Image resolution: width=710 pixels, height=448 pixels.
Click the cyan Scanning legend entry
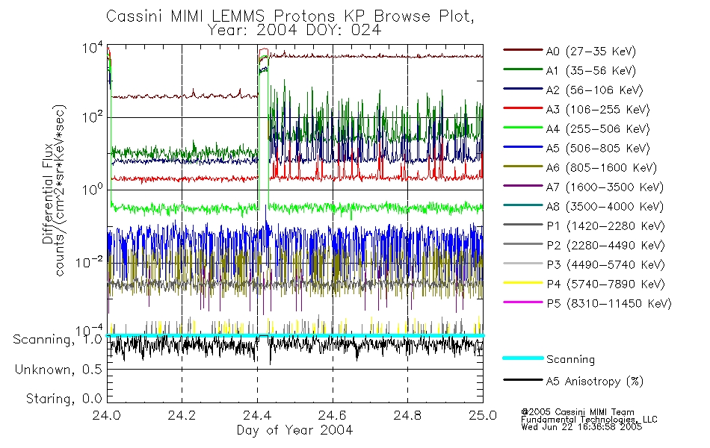click(x=570, y=359)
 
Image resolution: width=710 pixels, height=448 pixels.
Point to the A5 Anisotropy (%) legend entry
click(x=594, y=382)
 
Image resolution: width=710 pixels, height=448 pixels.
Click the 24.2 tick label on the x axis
click(x=182, y=417)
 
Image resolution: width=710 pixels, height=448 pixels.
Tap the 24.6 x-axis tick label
click(x=333, y=417)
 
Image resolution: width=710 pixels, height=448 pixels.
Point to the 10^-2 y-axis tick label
click(x=88, y=262)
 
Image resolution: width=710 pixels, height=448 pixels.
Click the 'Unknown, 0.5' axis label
click(x=59, y=370)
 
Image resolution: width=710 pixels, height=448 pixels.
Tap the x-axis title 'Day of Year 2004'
click(x=294, y=430)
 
